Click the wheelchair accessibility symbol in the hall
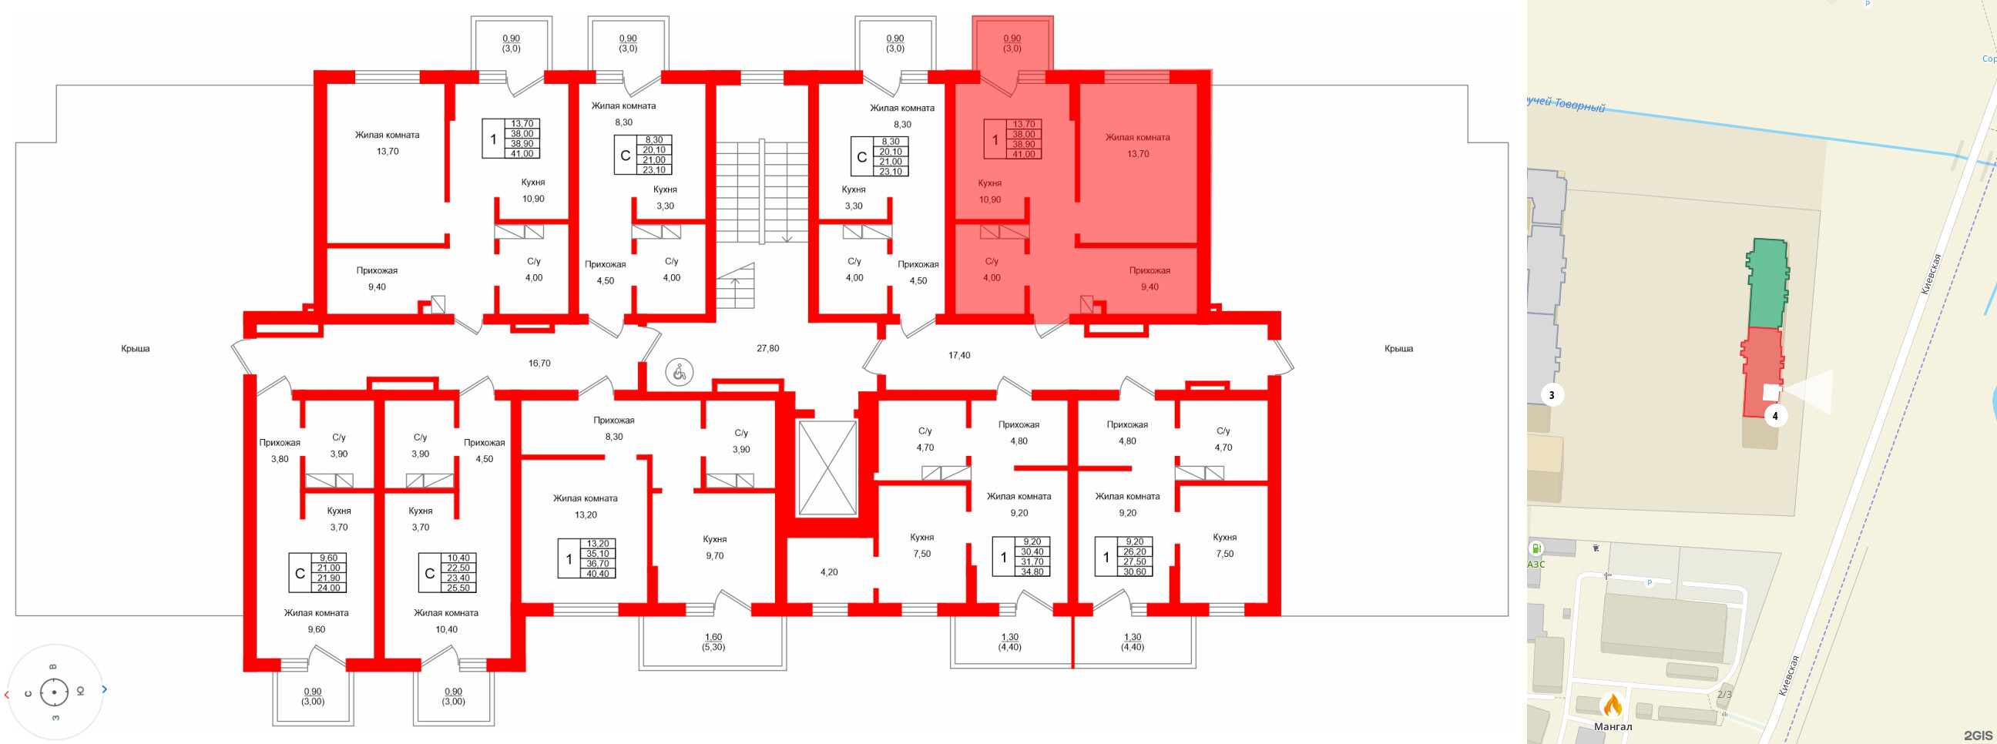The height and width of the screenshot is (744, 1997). [679, 373]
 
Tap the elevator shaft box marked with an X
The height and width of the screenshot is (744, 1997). [827, 468]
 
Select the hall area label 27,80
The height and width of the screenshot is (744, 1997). [767, 349]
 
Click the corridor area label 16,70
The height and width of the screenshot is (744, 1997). [539, 364]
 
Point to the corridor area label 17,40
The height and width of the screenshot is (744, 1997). [959, 356]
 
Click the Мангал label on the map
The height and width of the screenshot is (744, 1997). [1613, 727]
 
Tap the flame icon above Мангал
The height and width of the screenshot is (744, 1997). [1613, 705]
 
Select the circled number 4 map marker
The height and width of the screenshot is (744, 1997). [1774, 416]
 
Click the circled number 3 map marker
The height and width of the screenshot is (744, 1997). [1551, 395]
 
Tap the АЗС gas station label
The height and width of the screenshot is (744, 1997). [1536, 565]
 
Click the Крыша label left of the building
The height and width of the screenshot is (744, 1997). [135, 349]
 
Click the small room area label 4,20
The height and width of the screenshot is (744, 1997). [829, 573]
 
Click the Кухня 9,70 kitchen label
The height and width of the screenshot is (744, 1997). [714, 548]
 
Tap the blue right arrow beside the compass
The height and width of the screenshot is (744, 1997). [105, 689]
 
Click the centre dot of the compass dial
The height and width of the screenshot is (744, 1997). [54, 692]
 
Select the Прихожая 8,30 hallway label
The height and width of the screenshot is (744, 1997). [613, 428]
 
